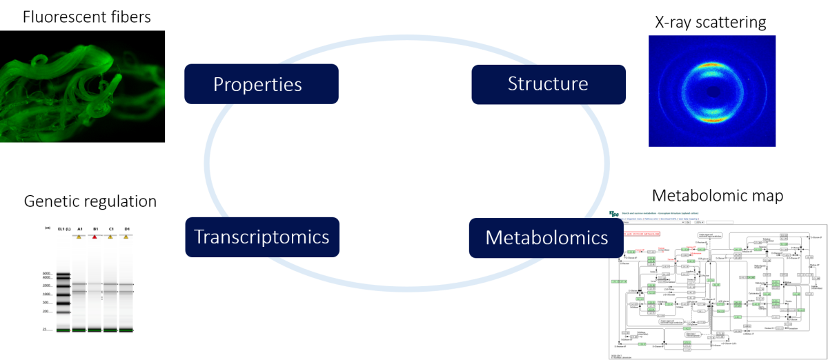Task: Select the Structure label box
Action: (549, 84)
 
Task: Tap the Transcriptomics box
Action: (262, 237)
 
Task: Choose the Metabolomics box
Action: (547, 238)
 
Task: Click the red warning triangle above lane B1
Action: (95, 237)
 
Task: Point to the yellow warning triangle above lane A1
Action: (79, 237)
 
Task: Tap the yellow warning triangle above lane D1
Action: (126, 237)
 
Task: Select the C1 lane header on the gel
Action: (110, 228)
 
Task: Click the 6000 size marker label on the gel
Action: (46, 273)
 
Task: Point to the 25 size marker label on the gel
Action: (44, 330)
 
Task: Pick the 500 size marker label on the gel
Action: (46, 302)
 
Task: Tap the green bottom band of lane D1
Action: (126, 330)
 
